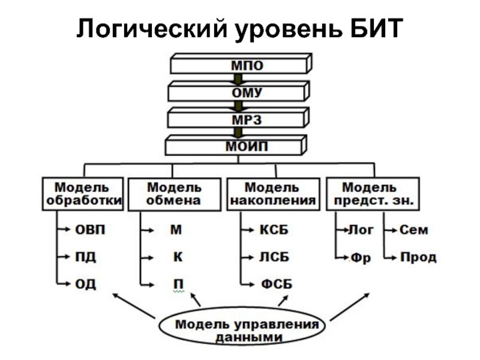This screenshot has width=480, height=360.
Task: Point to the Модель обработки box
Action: coord(83,194)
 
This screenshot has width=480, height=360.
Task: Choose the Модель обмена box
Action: coord(174,194)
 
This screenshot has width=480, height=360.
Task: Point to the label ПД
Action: coord(85,257)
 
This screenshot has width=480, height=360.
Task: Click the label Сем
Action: coord(414,230)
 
